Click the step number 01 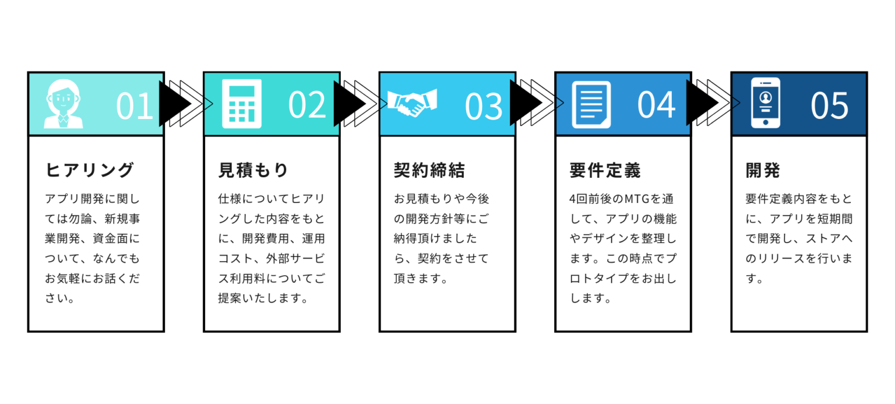pos(135,106)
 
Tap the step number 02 pos(307,105)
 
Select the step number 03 pos(484,106)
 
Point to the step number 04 pos(656,105)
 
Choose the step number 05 pos(830,106)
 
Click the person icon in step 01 pos(63,104)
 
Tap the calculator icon pos(241,104)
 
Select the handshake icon pos(412,103)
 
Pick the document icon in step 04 pos(591,104)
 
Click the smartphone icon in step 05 pos(765,103)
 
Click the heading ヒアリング pos(90,170)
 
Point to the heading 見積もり pos(253,170)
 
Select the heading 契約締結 pos(429,170)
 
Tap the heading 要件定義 pos(605,170)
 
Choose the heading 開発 pos(763,170)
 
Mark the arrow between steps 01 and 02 pos(208,104)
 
